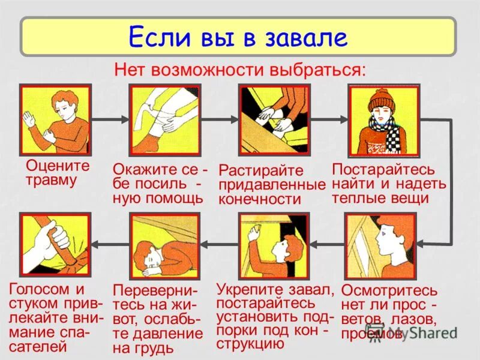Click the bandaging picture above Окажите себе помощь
tap(165, 120)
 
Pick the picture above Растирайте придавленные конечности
tap(274, 120)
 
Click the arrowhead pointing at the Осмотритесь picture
tap(421, 243)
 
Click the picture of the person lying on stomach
tap(165, 247)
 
